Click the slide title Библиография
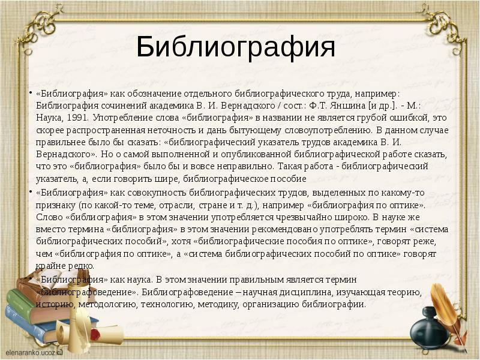pos(235,47)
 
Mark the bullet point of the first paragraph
pos(31,93)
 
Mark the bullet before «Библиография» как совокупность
pos(31,192)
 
